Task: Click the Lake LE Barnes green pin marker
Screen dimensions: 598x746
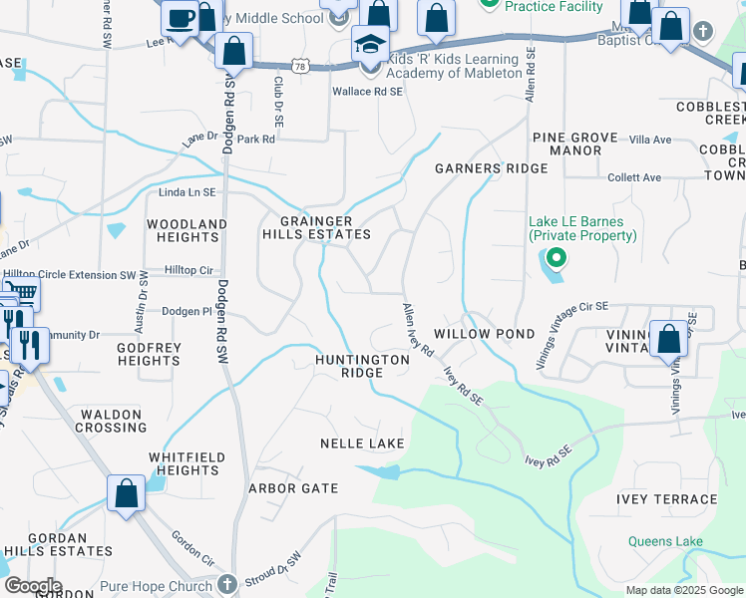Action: click(557, 260)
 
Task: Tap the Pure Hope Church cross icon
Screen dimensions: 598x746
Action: click(227, 583)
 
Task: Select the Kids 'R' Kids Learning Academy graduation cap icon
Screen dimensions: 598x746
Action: click(369, 46)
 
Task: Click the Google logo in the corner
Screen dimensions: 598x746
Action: click(32, 586)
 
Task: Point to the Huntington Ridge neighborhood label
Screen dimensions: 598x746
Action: click(362, 366)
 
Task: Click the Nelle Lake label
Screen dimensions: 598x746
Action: click(362, 443)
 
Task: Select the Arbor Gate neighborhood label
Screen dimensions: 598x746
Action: click(293, 488)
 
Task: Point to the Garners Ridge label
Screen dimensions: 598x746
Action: click(491, 168)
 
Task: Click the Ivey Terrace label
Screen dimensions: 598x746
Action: click(667, 499)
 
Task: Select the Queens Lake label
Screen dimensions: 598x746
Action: click(666, 542)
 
